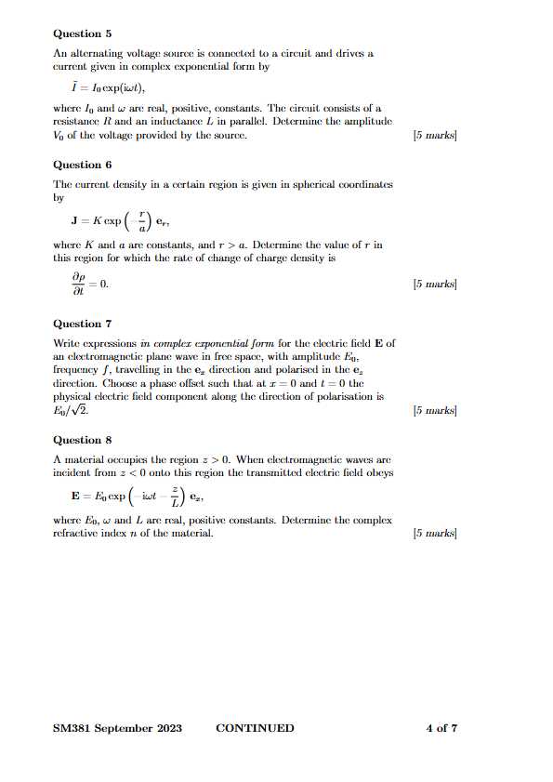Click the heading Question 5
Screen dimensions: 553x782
[83, 33]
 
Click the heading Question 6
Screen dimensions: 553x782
[83, 165]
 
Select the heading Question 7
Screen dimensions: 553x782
[83, 324]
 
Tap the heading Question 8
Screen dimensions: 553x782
[83, 440]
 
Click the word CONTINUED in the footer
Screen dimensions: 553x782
[255, 728]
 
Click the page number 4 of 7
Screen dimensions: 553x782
[441, 728]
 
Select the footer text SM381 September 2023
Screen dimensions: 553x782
[117, 728]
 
